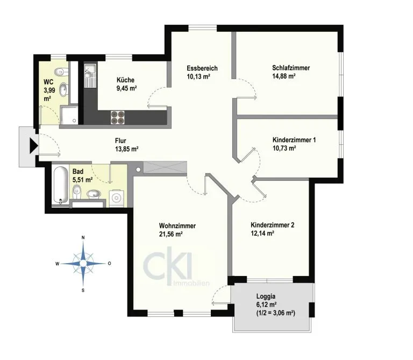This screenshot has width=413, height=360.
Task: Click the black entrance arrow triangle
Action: [33, 145]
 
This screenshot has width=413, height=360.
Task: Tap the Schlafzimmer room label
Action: [291, 68]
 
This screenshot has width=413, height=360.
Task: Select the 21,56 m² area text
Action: [171, 234]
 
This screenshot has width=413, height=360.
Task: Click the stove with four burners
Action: [117, 117]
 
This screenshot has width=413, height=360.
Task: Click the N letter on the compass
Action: [83, 238]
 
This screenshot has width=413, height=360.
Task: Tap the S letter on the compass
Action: [83, 291]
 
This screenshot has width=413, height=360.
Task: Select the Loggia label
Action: [266, 297]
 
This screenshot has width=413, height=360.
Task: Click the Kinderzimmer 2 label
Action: [272, 225]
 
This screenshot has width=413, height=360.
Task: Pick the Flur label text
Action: [120, 140]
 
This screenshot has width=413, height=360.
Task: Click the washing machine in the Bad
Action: [117, 198]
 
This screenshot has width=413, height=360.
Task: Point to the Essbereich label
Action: [202, 68]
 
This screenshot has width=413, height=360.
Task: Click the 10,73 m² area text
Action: [284, 149]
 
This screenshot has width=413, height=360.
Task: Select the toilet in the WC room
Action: [61, 72]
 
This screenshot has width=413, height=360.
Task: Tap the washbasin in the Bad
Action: [94, 194]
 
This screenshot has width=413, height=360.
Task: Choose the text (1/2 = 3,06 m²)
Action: [275, 313]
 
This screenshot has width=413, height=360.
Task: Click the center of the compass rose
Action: [83, 263]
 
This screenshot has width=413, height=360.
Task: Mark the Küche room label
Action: [125, 80]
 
